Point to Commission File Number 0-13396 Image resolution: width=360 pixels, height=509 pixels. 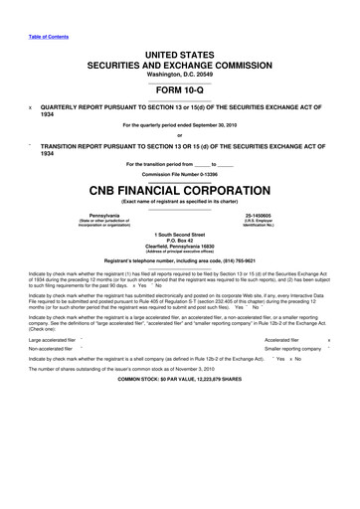point(180,166)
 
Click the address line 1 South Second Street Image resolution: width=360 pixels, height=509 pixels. point(180,235)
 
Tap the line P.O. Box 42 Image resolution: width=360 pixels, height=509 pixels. point(180,242)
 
